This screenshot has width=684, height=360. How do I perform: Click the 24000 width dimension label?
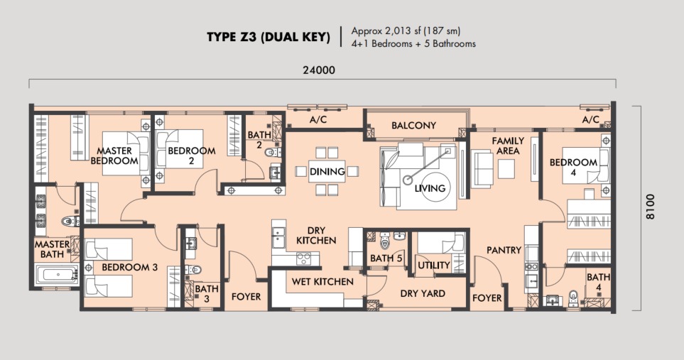pyautogui.click(x=319, y=70)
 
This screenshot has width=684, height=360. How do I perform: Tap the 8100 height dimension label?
pyautogui.click(x=650, y=207)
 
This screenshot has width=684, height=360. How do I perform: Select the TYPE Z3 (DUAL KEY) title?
pyautogui.click(x=268, y=37)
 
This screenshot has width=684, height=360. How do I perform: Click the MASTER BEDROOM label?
pyautogui.click(x=114, y=156)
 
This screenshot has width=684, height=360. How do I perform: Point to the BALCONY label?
pyautogui.click(x=413, y=126)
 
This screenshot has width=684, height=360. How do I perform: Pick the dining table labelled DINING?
pyautogui.click(x=327, y=171)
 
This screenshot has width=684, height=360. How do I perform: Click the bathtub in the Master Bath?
pyautogui.click(x=57, y=274)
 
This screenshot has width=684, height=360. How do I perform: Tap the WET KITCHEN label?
pyautogui.click(x=322, y=282)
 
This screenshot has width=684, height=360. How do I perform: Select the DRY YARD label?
pyautogui.click(x=423, y=294)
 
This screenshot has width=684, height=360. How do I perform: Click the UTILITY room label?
pyautogui.click(x=433, y=266)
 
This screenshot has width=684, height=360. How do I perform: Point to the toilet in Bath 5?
pyautogui.click(x=384, y=241)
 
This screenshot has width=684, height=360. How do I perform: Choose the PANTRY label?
pyautogui.click(x=504, y=250)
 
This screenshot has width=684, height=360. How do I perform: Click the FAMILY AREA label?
pyautogui.click(x=508, y=146)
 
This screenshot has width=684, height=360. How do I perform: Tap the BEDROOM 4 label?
pyautogui.click(x=573, y=168)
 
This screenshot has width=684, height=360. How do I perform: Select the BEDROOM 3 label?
pyautogui.click(x=129, y=267)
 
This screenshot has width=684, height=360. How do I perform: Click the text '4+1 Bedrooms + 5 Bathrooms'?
pyautogui.click(x=413, y=43)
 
